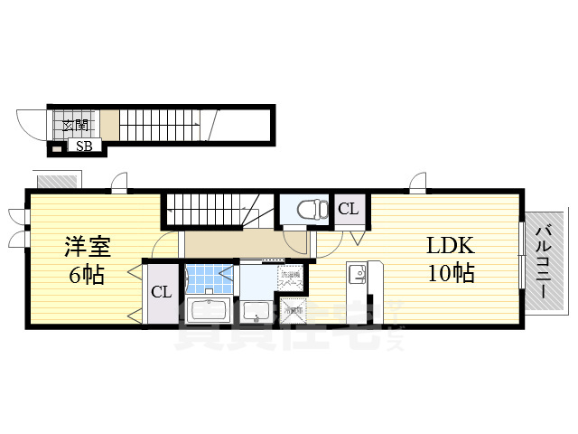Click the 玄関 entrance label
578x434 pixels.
(74, 126)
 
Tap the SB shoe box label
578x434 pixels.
(83, 146)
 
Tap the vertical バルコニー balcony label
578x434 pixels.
(544, 261)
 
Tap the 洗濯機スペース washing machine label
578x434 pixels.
(290, 278)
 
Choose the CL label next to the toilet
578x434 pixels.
(349, 209)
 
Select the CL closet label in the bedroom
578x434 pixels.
(161, 292)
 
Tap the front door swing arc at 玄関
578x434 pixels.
(36, 122)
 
